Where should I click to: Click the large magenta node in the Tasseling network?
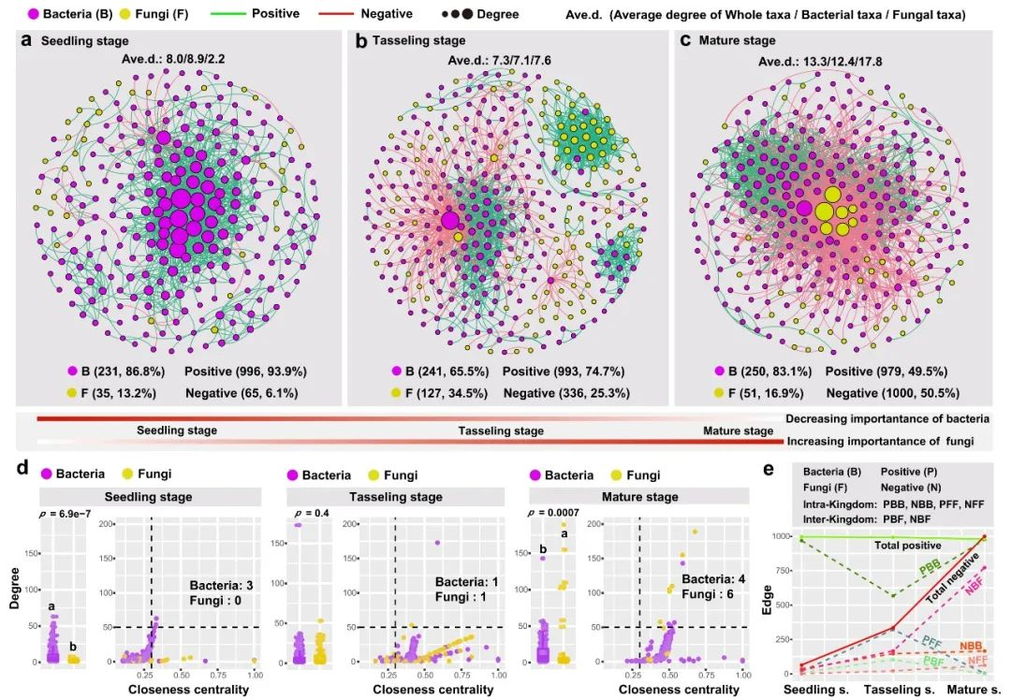pos(450,221)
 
